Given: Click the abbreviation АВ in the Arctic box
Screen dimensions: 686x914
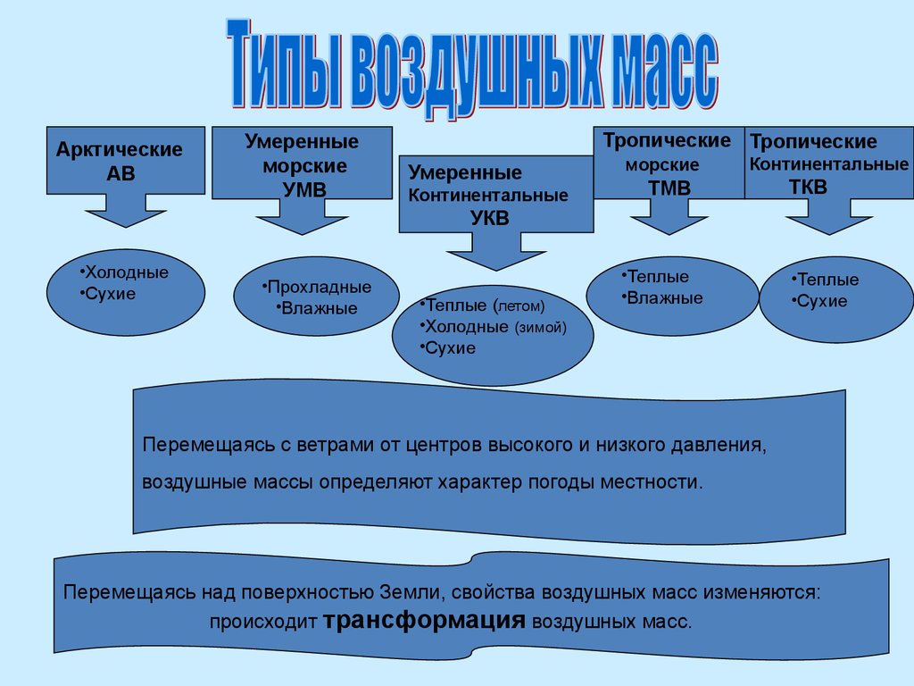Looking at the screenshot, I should (x=120, y=173).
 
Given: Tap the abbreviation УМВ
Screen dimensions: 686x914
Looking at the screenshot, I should (x=303, y=188).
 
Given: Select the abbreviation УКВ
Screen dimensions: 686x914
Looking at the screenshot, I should (x=490, y=217).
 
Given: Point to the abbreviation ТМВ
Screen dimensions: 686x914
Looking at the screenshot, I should (x=669, y=187).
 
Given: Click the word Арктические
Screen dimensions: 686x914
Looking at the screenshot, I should (x=119, y=149).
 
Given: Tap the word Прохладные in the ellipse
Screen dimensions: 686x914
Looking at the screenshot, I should (x=319, y=288).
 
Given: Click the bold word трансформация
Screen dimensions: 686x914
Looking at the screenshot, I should (x=424, y=621).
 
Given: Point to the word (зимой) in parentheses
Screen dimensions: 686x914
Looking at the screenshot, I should (x=540, y=327).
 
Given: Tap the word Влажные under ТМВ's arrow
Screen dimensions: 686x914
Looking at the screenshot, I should (x=664, y=298).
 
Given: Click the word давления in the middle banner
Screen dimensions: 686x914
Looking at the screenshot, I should (x=721, y=444).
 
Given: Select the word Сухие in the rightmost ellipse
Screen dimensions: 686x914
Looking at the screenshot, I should (x=821, y=301).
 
